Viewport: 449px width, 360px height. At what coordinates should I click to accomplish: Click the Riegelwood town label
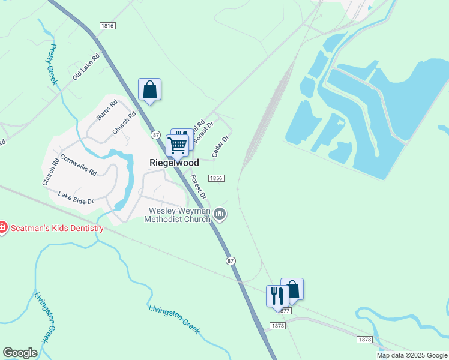[174, 163]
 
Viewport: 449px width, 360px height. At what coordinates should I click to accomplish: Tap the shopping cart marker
[177, 145]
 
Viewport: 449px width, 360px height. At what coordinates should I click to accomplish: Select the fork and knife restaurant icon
[277, 296]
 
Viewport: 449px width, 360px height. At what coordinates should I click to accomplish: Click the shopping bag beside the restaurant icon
[292, 289]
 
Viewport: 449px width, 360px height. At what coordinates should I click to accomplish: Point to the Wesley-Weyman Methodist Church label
[178, 215]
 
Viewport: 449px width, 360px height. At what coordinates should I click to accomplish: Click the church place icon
[220, 214]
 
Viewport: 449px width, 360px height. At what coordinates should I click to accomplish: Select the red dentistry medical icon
[2, 227]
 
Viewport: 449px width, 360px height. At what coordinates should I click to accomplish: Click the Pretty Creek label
[52, 64]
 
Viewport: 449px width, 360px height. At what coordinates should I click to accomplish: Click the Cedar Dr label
[221, 146]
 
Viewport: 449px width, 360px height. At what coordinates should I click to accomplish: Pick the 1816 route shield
[108, 26]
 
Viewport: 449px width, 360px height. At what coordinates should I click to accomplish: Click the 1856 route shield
[216, 178]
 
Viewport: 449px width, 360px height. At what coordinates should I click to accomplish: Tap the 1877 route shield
[283, 310]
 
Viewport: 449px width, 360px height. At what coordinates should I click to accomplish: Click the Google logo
[20, 352]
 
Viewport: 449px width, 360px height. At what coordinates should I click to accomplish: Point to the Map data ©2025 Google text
[412, 355]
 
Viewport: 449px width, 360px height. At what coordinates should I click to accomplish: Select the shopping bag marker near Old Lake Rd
[149, 90]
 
